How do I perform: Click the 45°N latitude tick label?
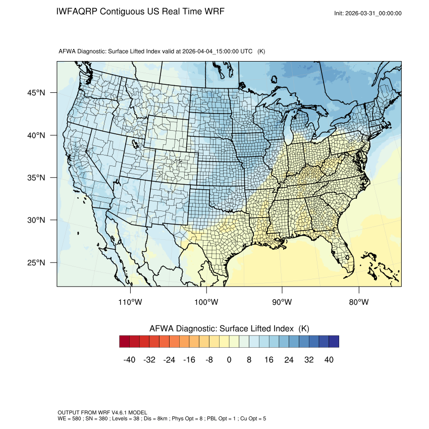[x=36, y=93]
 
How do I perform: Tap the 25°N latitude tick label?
[x=36, y=262]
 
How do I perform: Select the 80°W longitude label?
[x=359, y=302]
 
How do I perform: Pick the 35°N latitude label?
[x=36, y=178]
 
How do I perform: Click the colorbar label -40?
[x=130, y=359]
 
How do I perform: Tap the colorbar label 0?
[x=229, y=359]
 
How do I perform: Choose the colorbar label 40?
[x=329, y=359]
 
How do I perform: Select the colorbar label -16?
[x=189, y=359]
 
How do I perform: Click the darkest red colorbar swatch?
[x=125, y=342]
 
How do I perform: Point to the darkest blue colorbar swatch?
[x=334, y=342]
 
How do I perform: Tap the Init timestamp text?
[x=368, y=13]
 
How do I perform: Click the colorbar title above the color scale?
[x=229, y=329]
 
